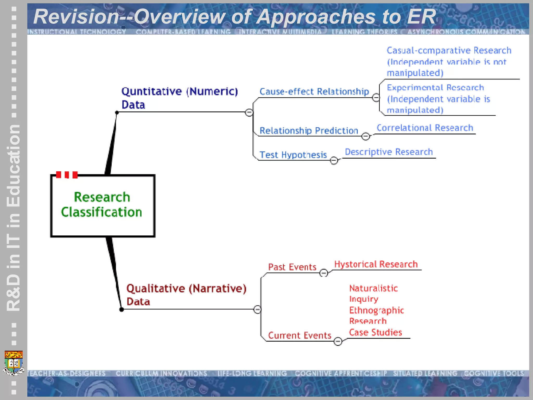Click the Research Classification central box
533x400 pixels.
[x=103, y=206]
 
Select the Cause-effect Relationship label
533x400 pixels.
[x=314, y=92]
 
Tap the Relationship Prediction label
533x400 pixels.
[x=309, y=131]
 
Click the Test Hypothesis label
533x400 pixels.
[x=293, y=155]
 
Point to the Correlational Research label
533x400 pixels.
[x=425, y=128]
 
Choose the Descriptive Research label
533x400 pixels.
[x=389, y=152]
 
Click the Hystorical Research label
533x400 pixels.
[x=376, y=264]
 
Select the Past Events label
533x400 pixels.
[x=292, y=267]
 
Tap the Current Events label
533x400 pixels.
[x=300, y=335]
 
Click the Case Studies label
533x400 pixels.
[x=375, y=333]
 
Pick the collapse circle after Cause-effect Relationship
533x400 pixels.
[x=376, y=98]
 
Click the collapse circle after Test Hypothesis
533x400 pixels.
[x=334, y=160]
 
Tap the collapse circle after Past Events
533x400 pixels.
[x=323, y=273]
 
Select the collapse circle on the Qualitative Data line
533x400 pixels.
[x=257, y=309]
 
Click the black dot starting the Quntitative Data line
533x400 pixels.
[x=117, y=113]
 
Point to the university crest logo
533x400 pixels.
[x=14, y=362]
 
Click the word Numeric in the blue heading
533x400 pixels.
[x=213, y=92]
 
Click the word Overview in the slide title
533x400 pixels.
[x=180, y=17]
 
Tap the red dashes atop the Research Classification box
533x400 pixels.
[x=67, y=175]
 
